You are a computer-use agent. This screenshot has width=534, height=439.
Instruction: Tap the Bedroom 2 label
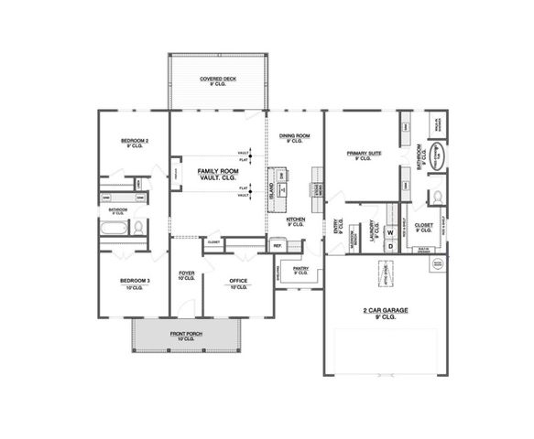(134, 141)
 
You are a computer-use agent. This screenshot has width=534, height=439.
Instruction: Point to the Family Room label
(213, 171)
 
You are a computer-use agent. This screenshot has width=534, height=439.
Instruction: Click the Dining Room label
(295, 137)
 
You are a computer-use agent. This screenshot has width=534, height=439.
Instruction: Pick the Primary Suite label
(363, 154)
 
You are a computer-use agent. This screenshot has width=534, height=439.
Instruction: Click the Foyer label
(186, 274)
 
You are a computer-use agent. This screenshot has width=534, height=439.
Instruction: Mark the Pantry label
(300, 271)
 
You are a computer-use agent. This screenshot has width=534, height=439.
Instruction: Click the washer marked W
(389, 231)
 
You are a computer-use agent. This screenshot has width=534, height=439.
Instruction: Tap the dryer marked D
(389, 245)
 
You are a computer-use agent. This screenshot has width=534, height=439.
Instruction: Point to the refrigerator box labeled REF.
(278, 245)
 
